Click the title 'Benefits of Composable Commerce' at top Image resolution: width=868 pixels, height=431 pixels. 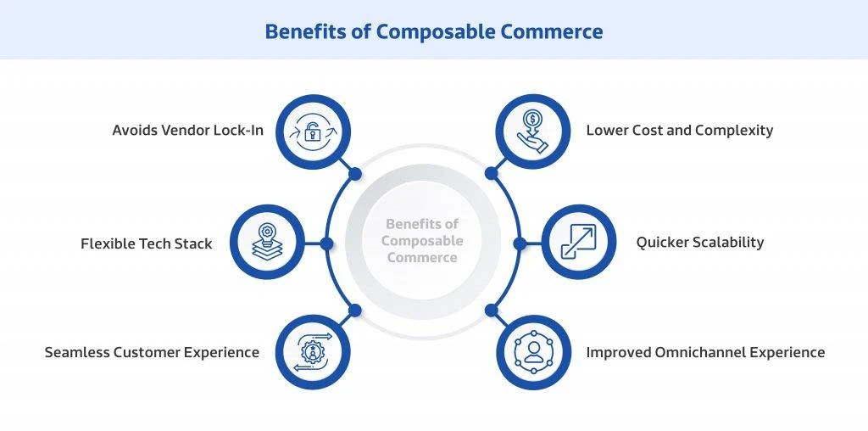pyautogui.click(x=433, y=31)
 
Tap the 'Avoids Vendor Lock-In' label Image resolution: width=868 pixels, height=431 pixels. pyautogui.click(x=187, y=131)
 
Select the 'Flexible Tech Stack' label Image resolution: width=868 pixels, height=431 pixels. pyautogui.click(x=146, y=243)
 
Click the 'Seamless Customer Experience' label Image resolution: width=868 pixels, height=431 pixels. pyautogui.click(x=152, y=352)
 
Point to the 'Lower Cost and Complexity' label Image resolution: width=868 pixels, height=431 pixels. pyautogui.click(x=679, y=131)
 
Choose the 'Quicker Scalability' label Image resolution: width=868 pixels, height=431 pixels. pyautogui.click(x=699, y=243)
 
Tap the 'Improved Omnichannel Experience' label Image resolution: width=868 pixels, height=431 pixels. pyautogui.click(x=705, y=352)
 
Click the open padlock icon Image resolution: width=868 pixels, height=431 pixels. pyautogui.click(x=313, y=132)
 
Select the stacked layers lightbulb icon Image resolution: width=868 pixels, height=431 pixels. pyautogui.click(x=266, y=243)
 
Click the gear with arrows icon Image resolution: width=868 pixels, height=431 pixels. pyautogui.click(x=313, y=352)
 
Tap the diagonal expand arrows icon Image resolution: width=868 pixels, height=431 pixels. pyautogui.click(x=579, y=243)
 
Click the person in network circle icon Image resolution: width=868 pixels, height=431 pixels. pyautogui.click(x=532, y=352)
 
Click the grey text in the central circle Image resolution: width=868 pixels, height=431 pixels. pyautogui.click(x=422, y=241)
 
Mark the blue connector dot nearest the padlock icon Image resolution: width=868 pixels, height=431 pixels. pyautogui.click(x=355, y=174)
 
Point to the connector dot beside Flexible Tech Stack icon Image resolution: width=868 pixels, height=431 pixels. pyautogui.click(x=327, y=243)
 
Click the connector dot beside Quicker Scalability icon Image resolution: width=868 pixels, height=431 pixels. pyautogui.click(x=519, y=243)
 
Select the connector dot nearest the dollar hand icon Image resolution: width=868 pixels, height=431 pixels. pyautogui.click(x=491, y=174)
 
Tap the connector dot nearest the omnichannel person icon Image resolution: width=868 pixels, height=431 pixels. pyautogui.click(x=491, y=311)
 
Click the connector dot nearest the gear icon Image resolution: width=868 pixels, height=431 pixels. pyautogui.click(x=355, y=311)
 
